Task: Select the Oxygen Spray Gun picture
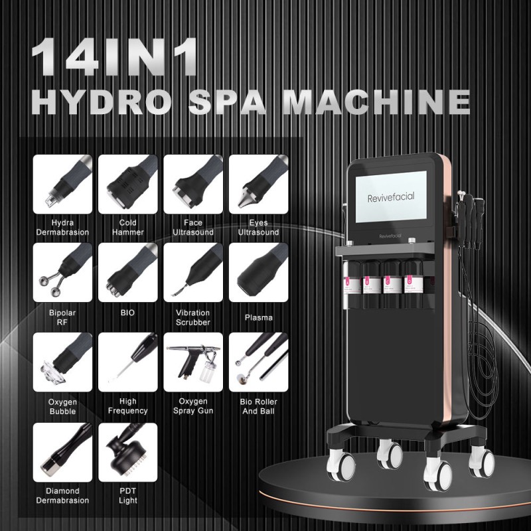click(x=192, y=362)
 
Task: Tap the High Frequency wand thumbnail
click(x=127, y=362)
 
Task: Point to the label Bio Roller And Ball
click(x=258, y=406)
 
